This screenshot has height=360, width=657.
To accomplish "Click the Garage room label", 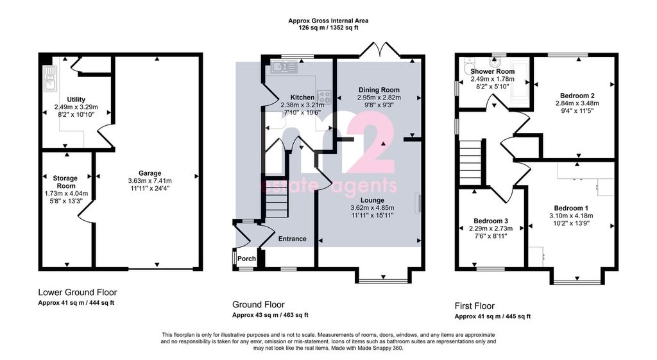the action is [150, 173].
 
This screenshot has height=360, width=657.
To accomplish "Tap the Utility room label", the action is [76, 99].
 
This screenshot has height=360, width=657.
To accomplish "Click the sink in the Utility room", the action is [50, 78].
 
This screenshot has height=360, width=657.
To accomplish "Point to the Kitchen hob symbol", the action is [324, 98].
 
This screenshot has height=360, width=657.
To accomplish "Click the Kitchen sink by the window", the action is [284, 66].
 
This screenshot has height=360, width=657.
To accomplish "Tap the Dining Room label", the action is [379, 90].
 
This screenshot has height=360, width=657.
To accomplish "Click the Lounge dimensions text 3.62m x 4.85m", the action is [372, 208].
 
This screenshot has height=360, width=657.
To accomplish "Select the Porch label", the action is [246, 259].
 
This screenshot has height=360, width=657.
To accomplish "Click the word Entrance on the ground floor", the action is [293, 239].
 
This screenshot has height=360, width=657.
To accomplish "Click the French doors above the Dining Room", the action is [380, 49].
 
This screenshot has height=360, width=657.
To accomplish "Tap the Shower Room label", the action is [492, 72].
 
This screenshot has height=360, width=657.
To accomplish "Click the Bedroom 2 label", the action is [577, 96].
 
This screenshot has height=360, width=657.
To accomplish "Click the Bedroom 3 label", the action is [491, 221].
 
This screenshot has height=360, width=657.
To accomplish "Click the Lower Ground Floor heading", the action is [78, 293].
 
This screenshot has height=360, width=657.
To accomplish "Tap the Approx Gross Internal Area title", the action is [328, 21].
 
